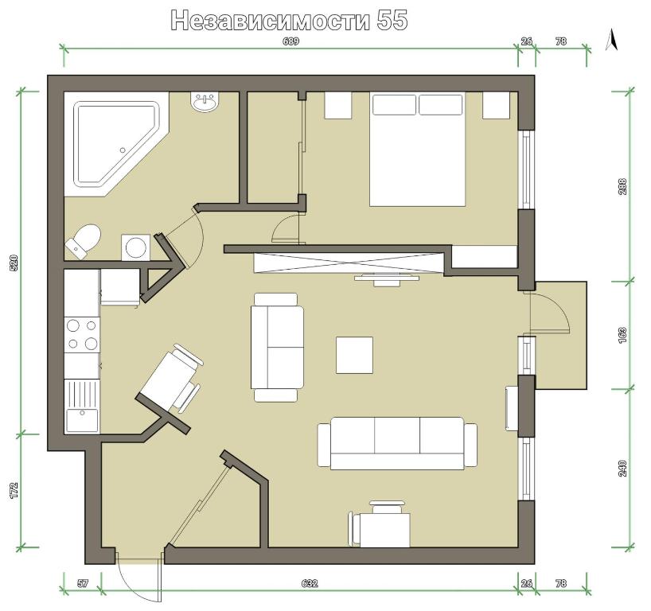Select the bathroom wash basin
pos(205,102)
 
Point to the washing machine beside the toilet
pos(136,247)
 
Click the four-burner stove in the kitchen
pos(82,335)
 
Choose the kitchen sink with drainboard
pos(82,407)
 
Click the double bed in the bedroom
pos(417,150)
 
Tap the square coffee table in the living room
pos(354,356)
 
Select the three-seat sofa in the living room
pos(397,444)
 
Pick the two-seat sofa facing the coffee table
pos(276,348)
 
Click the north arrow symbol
pos(611,40)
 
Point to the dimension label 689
pos(290,41)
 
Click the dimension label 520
pos(14,263)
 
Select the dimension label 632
pos(310,584)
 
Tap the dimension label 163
pos(622,336)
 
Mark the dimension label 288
pos(622,187)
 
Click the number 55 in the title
pos(392,20)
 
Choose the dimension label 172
pos(14,490)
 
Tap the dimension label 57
pos(83,584)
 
